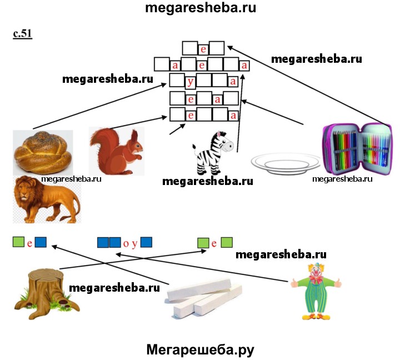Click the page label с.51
(23, 34)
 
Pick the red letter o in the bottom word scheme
(126, 243)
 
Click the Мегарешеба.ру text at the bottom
(200, 349)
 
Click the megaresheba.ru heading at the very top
(200, 8)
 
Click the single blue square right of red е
(40, 242)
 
